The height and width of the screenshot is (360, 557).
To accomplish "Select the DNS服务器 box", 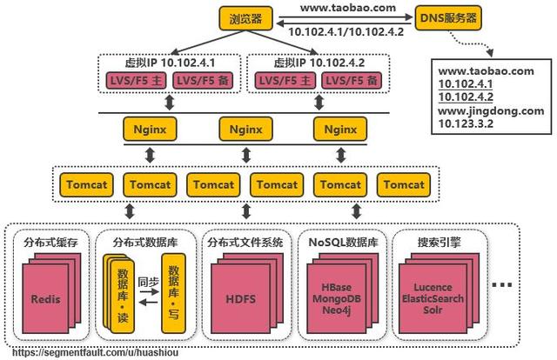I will [451, 17].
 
